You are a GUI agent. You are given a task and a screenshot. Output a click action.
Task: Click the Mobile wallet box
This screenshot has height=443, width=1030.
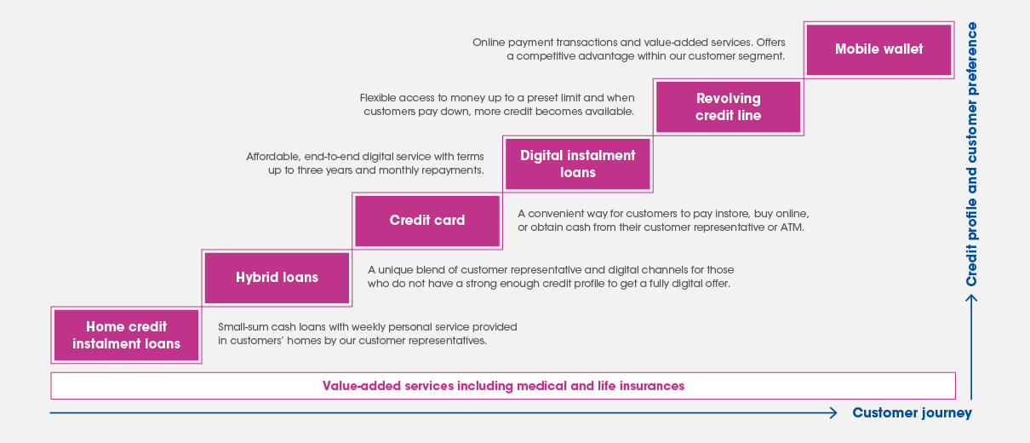(x=878, y=49)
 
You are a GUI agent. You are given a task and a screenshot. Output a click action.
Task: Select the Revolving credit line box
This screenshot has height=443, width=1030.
(x=729, y=106)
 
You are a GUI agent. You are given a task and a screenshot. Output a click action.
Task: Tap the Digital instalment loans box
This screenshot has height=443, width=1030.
(x=577, y=164)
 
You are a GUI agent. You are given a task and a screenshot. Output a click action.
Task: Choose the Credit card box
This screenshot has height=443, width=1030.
(x=427, y=221)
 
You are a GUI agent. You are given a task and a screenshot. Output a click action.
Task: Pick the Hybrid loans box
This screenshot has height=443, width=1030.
(x=277, y=278)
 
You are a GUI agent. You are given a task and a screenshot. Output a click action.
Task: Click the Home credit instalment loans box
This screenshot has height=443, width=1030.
(x=127, y=335)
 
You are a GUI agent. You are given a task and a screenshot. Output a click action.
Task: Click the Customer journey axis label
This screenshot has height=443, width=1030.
(x=913, y=412)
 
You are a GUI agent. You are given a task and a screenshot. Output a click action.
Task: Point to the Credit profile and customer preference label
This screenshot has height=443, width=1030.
(x=971, y=154)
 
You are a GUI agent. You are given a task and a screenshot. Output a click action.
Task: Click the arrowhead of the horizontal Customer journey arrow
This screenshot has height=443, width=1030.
(x=833, y=412)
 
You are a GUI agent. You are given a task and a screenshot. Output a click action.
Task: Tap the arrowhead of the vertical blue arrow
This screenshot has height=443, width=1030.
(x=971, y=298)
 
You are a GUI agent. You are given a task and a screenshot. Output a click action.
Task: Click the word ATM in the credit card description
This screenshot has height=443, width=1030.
(x=793, y=227)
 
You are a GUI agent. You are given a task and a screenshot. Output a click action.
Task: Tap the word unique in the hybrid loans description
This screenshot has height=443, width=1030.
(x=395, y=270)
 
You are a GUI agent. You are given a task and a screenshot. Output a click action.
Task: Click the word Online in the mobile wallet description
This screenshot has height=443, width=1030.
(x=489, y=43)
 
